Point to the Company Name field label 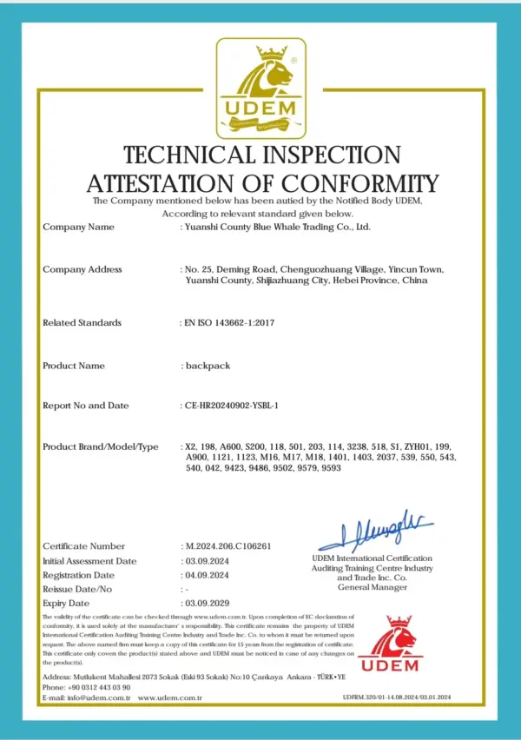pos(78,227)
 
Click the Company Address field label pos(82,269)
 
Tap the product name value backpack pos(208,366)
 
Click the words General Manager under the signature pos(372,587)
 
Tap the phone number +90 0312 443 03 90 pos(96,686)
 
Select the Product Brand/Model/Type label pos(101,446)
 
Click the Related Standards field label pos(82,322)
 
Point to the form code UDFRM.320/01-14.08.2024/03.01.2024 pos(409,697)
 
